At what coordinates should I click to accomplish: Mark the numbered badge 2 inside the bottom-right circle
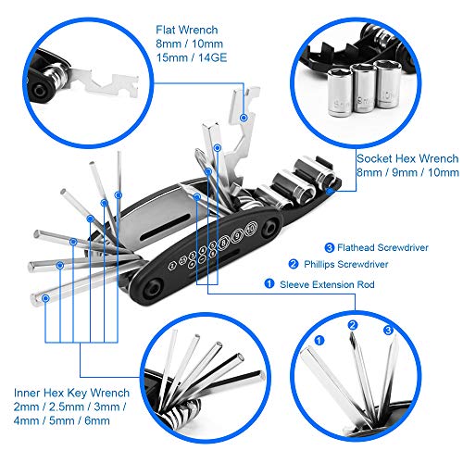pyautogui.click(x=353, y=325)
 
